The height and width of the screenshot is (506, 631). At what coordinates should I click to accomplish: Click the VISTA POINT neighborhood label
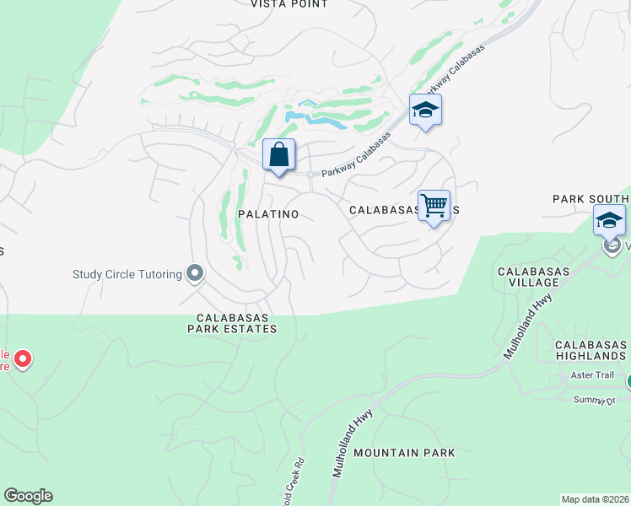289,4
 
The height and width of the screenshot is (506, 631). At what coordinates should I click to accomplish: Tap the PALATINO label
268,214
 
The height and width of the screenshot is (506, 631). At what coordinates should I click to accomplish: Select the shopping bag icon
279,156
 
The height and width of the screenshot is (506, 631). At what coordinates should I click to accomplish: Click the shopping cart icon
434,205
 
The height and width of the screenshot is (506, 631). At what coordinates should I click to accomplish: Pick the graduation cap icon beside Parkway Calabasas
426,110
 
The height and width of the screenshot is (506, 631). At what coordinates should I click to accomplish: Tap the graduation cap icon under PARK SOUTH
609,221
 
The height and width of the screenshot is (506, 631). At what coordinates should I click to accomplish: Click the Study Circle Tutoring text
127,274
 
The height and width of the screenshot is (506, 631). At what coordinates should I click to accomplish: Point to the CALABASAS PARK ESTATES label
232,323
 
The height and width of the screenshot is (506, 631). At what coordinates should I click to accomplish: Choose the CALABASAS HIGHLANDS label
591,350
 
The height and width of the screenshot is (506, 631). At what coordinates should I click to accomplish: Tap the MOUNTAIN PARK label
404,453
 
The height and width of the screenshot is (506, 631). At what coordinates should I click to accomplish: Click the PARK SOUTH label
591,199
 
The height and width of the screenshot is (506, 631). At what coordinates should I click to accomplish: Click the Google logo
28,496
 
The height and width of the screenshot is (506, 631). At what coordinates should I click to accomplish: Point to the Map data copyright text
595,499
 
